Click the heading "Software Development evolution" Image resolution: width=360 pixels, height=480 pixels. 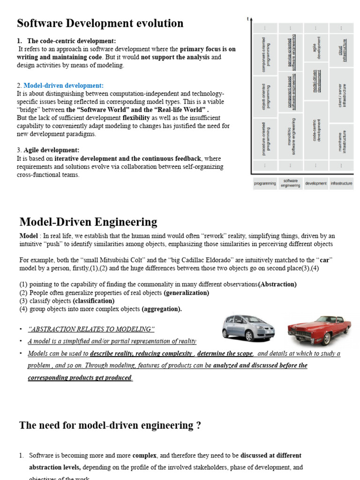point(100,23)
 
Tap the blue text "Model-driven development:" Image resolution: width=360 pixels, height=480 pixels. point(63,85)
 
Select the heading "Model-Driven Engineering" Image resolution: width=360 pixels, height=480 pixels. point(88,222)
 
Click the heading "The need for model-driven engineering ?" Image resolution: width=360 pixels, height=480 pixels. point(110,425)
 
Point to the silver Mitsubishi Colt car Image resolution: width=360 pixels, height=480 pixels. point(248,328)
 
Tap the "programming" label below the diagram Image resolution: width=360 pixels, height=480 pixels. point(265,184)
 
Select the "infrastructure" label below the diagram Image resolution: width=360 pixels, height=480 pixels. point(341,184)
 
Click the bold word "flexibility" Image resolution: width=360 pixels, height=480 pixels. point(136,118)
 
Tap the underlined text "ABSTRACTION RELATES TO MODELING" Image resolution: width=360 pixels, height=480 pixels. point(91,329)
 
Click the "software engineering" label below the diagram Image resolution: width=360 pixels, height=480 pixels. point(291,183)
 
